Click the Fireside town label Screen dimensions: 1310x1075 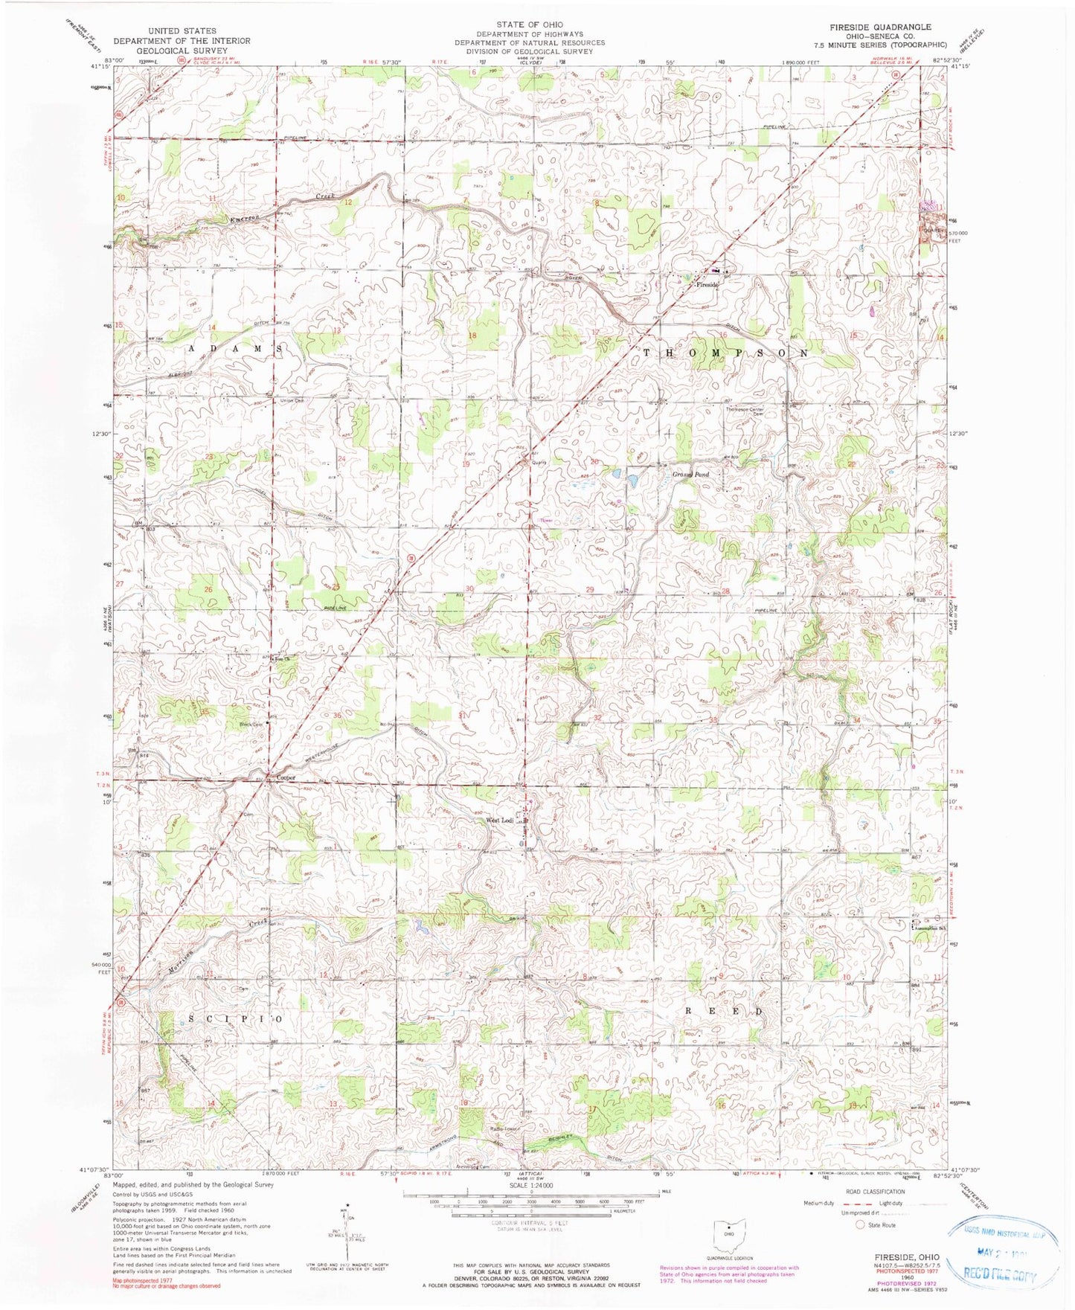(x=707, y=284)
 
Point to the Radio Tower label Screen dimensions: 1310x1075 (x=504, y=1128)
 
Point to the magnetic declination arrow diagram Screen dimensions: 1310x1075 (x=347, y=1235)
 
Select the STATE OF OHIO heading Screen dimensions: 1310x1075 (x=530, y=25)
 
